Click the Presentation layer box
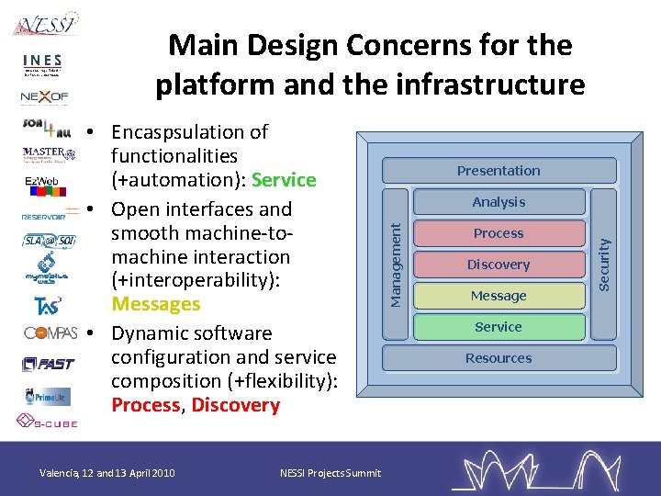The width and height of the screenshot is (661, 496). pyautogui.click(x=499, y=171)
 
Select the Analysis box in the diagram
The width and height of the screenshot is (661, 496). pyautogui.click(x=499, y=202)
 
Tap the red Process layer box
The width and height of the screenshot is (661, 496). pyautogui.click(x=499, y=233)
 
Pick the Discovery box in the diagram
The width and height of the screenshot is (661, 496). pyautogui.click(x=499, y=265)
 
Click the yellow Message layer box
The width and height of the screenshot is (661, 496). pyautogui.click(x=499, y=296)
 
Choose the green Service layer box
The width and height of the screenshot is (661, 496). pyautogui.click(x=499, y=327)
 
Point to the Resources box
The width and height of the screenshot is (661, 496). pyautogui.click(x=499, y=358)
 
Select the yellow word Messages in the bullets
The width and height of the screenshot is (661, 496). pyautogui.click(x=155, y=304)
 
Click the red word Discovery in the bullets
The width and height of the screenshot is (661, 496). pyautogui.click(x=235, y=405)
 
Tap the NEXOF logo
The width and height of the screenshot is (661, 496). pyautogui.click(x=44, y=96)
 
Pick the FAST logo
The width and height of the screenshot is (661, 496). pyautogui.click(x=48, y=364)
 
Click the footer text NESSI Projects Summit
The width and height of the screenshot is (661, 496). pyautogui.click(x=330, y=473)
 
